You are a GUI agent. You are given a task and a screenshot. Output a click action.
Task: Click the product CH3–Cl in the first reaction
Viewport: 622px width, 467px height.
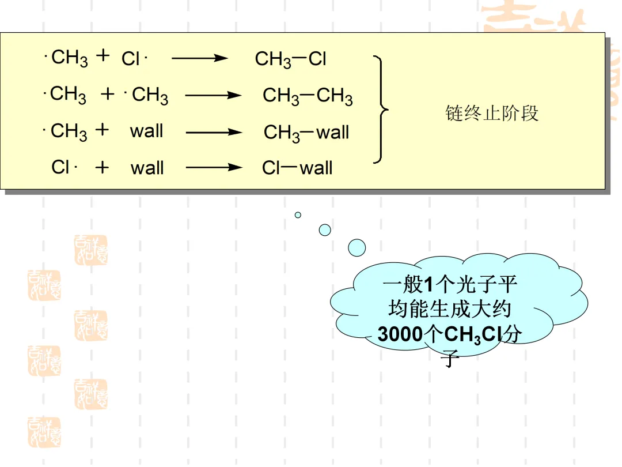pos(291,59)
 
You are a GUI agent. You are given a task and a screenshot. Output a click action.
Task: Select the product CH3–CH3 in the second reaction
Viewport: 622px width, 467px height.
pos(308,96)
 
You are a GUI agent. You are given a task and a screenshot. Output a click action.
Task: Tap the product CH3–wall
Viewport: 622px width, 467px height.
pos(306,133)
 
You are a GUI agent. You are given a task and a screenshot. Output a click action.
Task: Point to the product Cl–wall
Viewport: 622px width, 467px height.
pos(297,168)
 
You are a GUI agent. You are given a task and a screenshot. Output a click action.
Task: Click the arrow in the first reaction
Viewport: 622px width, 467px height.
pos(200,58)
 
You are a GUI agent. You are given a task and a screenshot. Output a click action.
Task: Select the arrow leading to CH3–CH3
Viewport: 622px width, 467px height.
pos(213,96)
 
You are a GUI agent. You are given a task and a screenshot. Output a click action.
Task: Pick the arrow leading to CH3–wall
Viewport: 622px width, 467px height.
pos(214,132)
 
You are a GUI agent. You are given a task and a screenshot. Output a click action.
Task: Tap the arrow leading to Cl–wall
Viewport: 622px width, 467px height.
pos(214,168)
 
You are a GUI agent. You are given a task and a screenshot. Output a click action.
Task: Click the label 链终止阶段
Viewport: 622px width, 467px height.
pos(492,113)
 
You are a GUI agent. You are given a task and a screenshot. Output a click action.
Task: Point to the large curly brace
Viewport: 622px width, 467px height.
pos(381,110)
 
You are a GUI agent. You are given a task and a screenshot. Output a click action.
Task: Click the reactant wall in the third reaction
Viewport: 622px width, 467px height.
pos(147,131)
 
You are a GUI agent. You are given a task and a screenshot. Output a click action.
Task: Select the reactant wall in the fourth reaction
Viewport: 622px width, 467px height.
pos(147,168)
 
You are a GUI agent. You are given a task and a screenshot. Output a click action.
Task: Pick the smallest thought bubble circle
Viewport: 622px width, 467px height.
pos(298,215)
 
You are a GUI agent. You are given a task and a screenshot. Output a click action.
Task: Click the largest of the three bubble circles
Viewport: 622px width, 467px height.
pos(357,248)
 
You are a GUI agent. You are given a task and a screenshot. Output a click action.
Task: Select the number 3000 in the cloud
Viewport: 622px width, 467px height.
pos(400,335)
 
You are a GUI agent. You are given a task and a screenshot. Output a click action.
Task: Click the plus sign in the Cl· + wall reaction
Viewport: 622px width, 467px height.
pos(102,168)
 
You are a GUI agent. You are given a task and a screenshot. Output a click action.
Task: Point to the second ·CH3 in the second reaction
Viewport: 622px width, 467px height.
pos(147,95)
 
